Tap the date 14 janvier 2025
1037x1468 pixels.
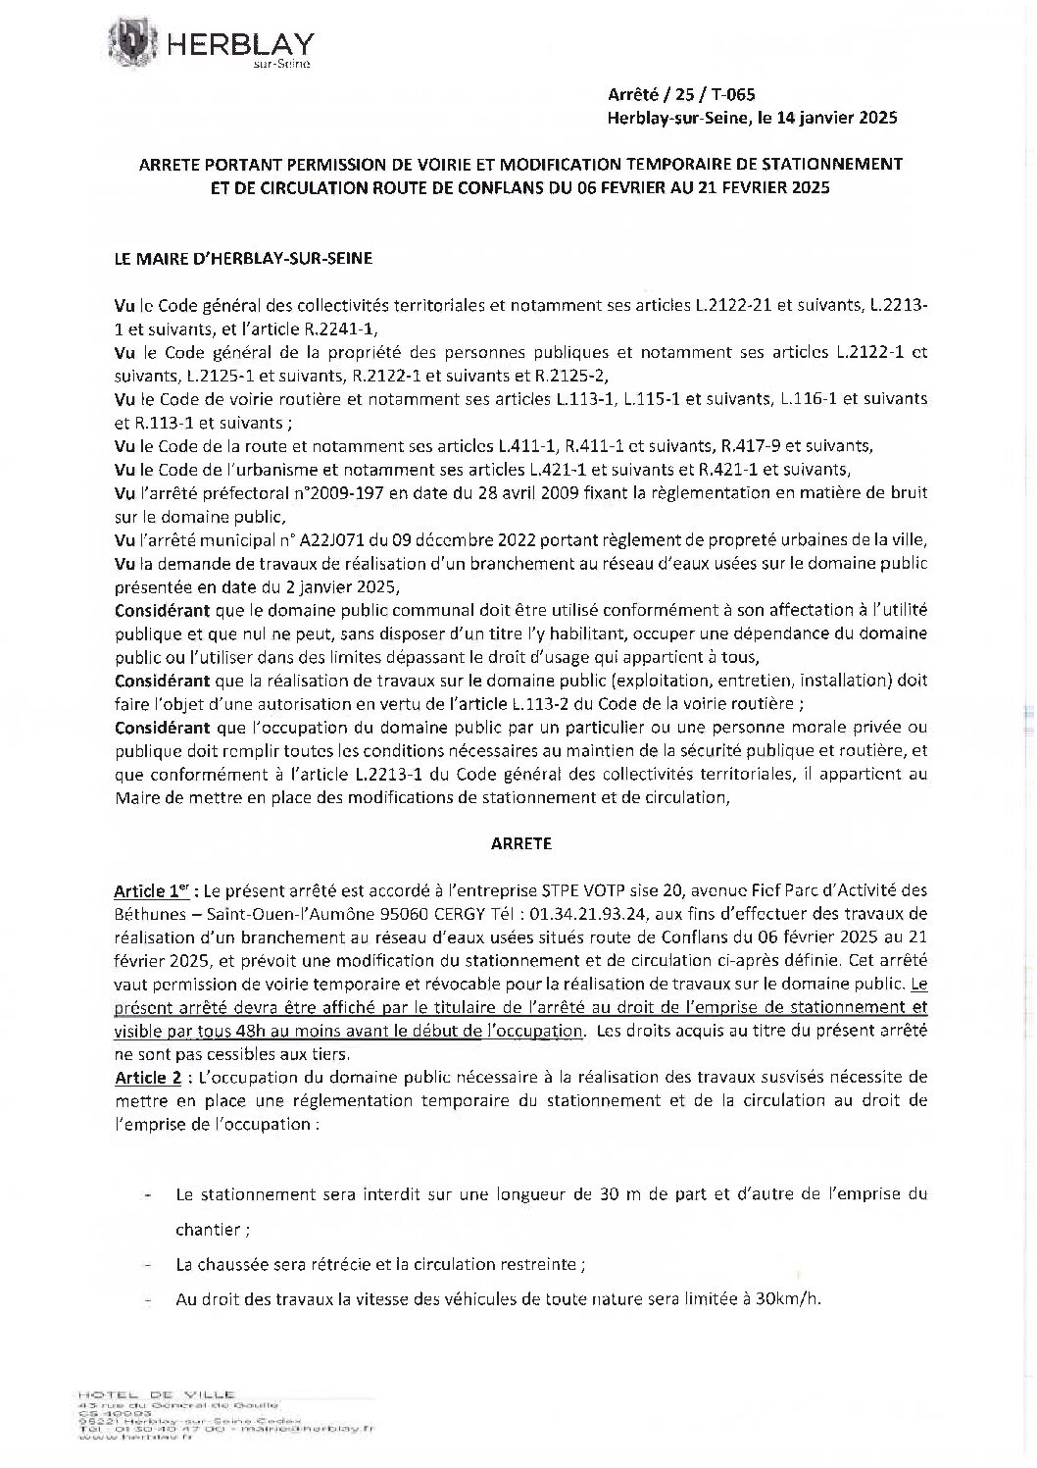pos(836,118)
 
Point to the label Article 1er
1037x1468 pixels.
pos(153,892)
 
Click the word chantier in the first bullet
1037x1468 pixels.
pos(210,1229)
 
